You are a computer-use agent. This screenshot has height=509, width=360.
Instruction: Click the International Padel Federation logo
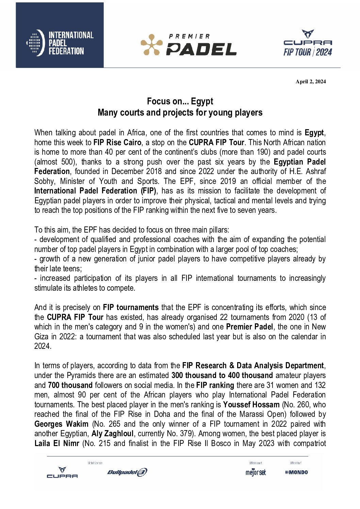pyautogui.click(x=60, y=43)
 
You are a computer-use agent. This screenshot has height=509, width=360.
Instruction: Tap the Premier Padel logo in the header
pyautogui.click(x=189, y=45)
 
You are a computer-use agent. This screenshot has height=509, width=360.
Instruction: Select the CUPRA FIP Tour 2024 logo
pyautogui.click(x=308, y=43)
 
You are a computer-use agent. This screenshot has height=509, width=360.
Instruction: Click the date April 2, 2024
pyautogui.click(x=310, y=82)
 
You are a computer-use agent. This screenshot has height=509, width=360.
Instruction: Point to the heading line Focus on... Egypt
pyautogui.click(x=180, y=101)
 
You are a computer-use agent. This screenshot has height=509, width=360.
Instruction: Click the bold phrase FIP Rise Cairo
pyautogui.click(x=117, y=142)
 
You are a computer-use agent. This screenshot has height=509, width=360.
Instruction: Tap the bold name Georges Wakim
pyautogui.click(x=61, y=424)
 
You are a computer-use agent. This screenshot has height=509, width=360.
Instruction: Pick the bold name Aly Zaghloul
pyautogui.click(x=112, y=434)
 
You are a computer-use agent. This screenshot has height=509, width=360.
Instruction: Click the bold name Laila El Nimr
pyautogui.click(x=56, y=443)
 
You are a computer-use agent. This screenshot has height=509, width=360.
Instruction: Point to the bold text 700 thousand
pyautogui.click(x=70, y=385)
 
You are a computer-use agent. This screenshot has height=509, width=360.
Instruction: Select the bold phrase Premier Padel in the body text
pyautogui.click(x=249, y=327)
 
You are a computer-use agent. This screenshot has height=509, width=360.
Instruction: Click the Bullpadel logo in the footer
pyautogui.click(x=127, y=472)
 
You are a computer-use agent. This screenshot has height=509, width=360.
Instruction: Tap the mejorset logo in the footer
pyautogui.click(x=256, y=472)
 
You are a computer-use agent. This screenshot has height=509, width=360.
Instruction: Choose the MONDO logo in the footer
pyautogui.click(x=296, y=472)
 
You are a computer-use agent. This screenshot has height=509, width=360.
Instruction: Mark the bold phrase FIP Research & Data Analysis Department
pyautogui.click(x=253, y=366)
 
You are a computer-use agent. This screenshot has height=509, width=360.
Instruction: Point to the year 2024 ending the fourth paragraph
pyautogui.click(x=43, y=346)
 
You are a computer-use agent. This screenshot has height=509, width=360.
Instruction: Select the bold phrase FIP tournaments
pyautogui.click(x=131, y=307)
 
